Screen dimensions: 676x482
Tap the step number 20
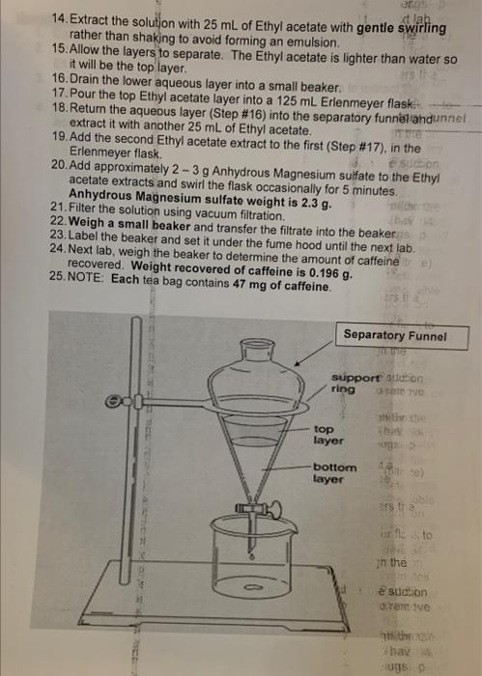[55, 166]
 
